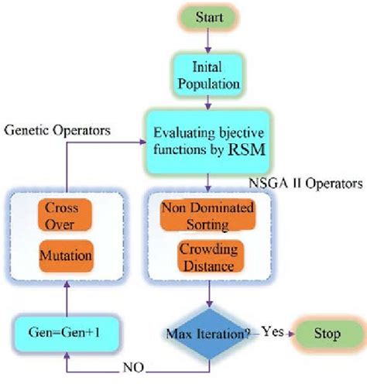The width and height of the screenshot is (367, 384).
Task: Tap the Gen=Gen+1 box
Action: coord(67,335)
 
